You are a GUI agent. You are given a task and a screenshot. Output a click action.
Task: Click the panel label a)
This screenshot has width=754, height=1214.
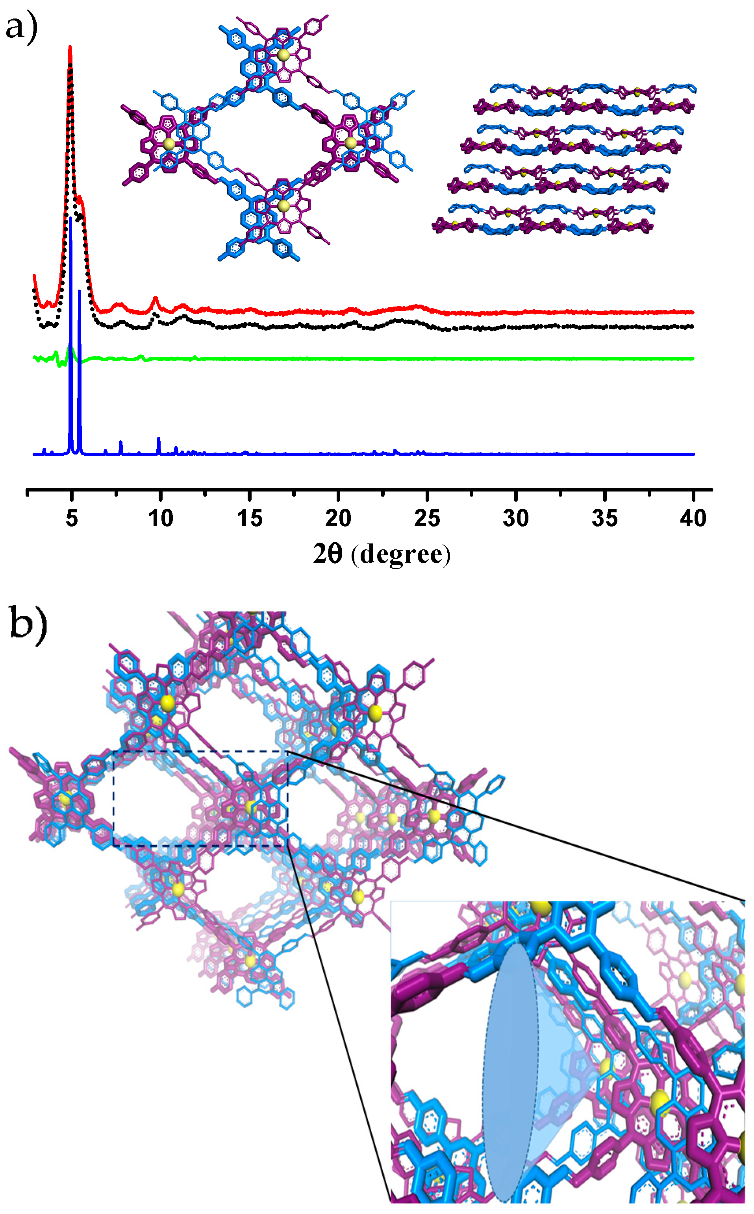point(21,28)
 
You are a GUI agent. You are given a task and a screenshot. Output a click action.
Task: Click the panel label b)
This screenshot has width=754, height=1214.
point(28,623)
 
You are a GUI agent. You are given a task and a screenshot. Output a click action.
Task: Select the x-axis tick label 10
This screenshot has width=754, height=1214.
point(161,519)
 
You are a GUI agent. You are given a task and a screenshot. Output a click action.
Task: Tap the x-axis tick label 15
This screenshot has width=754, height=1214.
point(249,519)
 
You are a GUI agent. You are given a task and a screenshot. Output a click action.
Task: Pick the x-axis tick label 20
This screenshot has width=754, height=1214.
point(338,519)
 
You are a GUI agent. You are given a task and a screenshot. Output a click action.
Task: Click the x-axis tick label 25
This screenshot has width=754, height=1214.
point(427,519)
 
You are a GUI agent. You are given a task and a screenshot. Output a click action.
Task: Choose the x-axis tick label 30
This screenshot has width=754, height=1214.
point(516,519)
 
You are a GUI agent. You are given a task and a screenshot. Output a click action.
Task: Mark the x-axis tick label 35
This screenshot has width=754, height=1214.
point(604,519)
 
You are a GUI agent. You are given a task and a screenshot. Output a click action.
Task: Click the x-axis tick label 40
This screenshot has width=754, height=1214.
point(693,519)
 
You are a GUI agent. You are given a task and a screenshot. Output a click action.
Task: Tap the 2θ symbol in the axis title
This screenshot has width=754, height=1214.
point(328,554)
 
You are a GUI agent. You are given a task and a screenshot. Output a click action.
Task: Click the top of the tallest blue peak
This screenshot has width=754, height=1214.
point(71,218)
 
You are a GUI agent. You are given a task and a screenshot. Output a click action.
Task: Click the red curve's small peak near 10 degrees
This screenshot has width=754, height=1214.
point(156,299)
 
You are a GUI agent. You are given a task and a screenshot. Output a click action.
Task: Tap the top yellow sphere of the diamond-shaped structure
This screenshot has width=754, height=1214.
point(283,55)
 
